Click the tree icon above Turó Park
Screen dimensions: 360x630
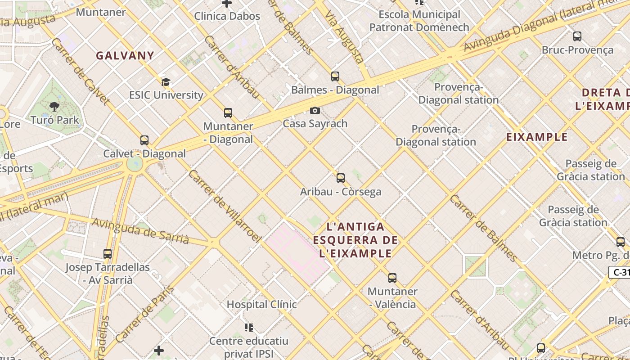(x=54, y=107)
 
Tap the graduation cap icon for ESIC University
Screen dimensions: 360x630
(x=166, y=82)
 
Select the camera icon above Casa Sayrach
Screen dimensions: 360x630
(x=315, y=110)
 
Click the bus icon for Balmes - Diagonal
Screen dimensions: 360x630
(x=335, y=76)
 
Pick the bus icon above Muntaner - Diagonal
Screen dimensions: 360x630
(x=228, y=113)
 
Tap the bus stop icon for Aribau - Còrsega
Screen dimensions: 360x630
(x=341, y=178)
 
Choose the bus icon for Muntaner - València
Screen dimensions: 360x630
(x=392, y=278)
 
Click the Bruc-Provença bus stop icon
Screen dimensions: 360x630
(x=577, y=36)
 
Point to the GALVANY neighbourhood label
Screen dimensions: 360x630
(x=125, y=56)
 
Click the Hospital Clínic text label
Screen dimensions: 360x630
(x=261, y=304)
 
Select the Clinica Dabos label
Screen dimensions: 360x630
(x=227, y=16)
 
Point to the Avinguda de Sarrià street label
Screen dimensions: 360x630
(x=140, y=230)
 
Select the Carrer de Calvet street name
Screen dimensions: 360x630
(x=81, y=71)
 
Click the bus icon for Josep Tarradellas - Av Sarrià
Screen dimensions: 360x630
(x=108, y=254)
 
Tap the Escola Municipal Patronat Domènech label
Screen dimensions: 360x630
(x=419, y=21)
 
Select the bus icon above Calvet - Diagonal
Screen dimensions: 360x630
(x=144, y=140)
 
